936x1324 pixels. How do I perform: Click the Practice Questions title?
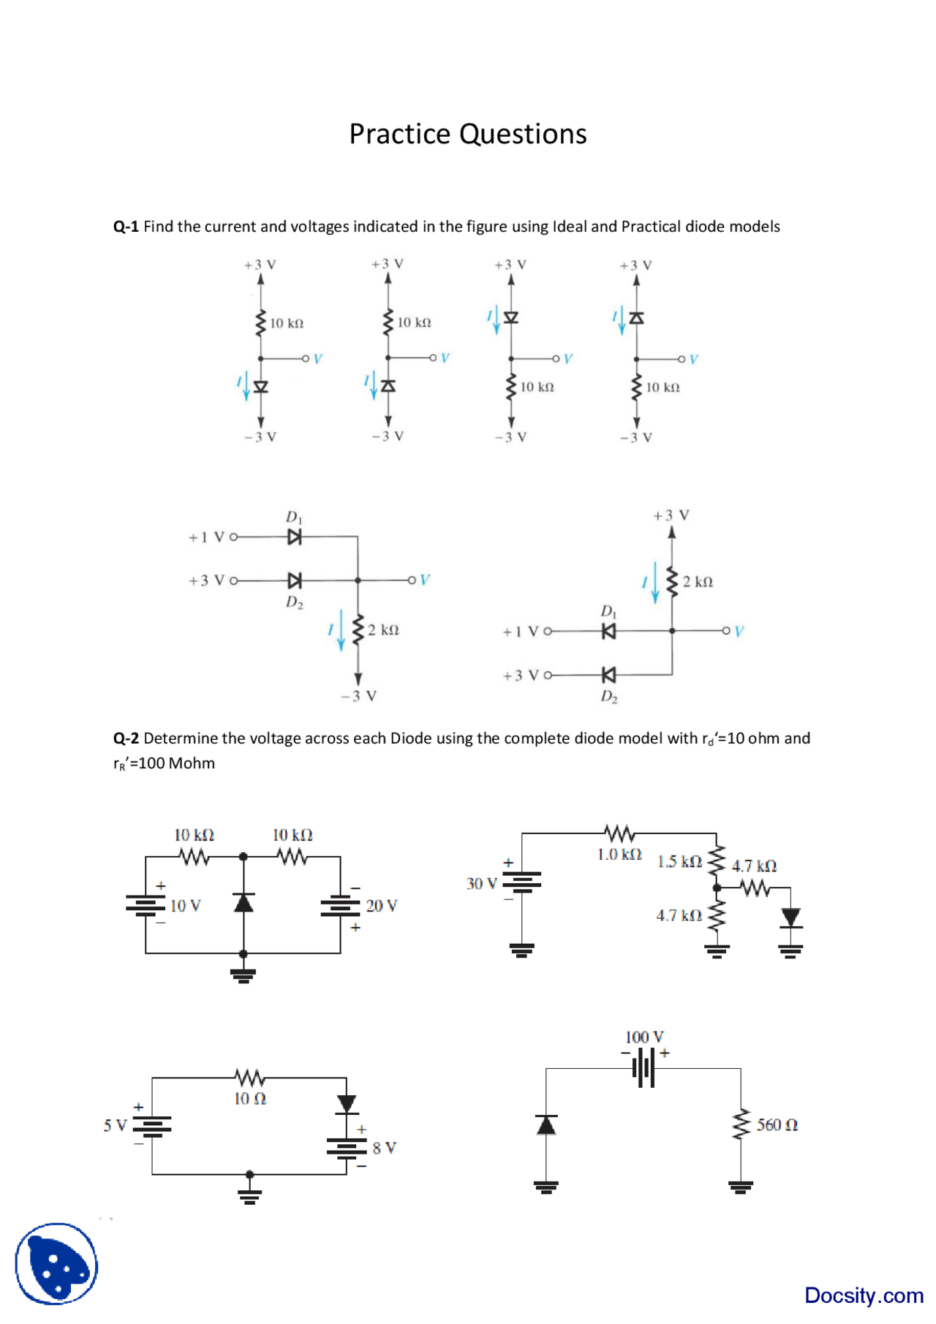[467, 134]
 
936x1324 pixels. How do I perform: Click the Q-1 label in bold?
[126, 227]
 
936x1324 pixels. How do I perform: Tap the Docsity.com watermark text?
[863, 1295]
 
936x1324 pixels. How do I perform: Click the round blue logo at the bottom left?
[56, 1263]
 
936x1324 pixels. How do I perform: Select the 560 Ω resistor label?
[777, 1124]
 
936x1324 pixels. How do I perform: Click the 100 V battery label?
[644, 1037]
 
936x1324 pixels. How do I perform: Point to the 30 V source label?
[481, 884]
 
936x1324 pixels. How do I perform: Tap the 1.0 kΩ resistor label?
[619, 854]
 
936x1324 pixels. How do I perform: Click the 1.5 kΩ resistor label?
[679, 862]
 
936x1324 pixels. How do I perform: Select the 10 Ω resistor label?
[250, 1098]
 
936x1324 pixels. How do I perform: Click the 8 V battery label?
[384, 1148]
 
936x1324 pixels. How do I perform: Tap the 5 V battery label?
[115, 1125]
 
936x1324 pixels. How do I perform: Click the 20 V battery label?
[381, 906]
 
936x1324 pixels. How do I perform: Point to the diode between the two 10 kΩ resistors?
[244, 903]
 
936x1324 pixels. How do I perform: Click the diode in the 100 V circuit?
[546, 1124]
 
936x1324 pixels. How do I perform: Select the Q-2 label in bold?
[126, 738]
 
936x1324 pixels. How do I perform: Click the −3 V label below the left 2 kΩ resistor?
[358, 696]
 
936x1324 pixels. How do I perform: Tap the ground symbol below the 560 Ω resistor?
[741, 1187]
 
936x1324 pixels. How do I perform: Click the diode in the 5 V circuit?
[347, 1103]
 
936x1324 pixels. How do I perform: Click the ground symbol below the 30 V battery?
[521, 950]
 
